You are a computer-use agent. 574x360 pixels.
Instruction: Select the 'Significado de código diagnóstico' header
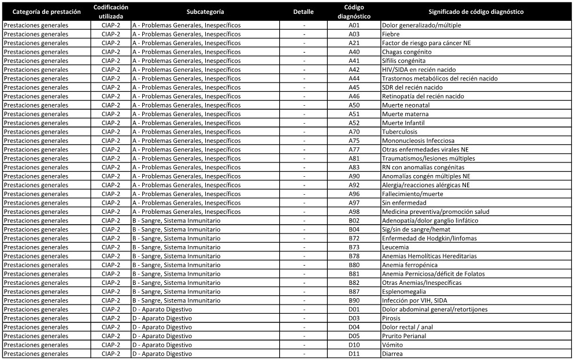click(476, 12)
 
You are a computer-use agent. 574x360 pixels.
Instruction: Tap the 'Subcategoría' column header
click(206, 12)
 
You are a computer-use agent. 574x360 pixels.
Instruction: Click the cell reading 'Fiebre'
click(391, 34)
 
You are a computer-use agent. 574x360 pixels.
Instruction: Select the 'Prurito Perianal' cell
click(404, 336)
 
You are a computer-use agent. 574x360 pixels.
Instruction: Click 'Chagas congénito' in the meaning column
click(406, 52)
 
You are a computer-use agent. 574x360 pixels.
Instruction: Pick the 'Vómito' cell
click(392, 345)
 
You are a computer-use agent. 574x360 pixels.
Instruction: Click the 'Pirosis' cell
click(392, 318)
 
